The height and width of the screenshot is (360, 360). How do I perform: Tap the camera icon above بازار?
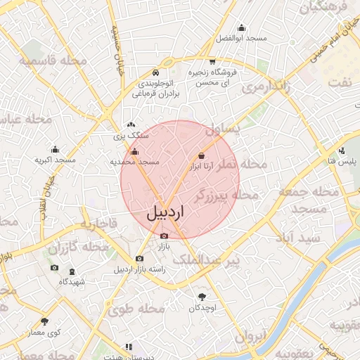165,236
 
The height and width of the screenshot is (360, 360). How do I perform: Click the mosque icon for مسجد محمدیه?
135,151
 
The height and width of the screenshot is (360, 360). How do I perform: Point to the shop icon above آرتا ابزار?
202,155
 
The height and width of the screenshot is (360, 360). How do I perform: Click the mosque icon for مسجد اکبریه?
56,149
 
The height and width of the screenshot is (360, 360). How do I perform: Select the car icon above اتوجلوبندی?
155,72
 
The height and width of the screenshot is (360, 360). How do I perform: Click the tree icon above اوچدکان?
202,297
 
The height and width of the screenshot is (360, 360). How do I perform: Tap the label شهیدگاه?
72,282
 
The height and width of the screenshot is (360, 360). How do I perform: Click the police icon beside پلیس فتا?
342,151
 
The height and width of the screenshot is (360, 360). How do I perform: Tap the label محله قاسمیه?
53,60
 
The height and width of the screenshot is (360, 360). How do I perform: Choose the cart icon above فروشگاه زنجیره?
212,61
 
